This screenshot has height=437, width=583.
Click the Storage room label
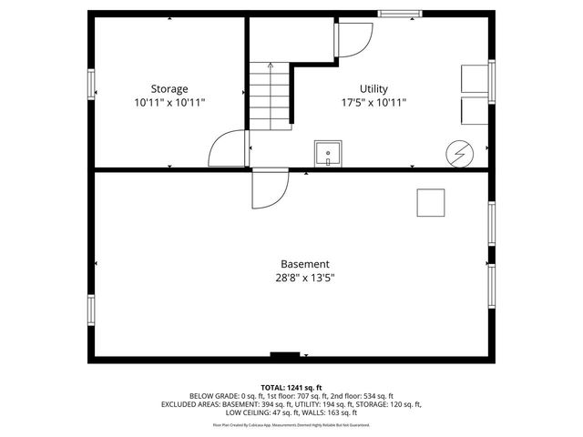click(x=169, y=89)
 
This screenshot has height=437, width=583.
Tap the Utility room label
click(x=373, y=89)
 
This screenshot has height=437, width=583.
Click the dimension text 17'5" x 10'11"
click(x=373, y=103)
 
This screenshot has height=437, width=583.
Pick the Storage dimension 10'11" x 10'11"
click(x=169, y=103)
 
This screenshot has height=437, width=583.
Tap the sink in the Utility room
click(x=328, y=153)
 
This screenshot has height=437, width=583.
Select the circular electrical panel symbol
click(x=459, y=154)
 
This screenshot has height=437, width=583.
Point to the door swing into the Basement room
click(x=269, y=188)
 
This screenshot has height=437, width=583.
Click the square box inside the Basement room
click(x=431, y=202)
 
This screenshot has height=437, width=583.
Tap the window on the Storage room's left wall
click(x=91, y=84)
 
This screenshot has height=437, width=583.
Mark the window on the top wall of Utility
click(x=400, y=14)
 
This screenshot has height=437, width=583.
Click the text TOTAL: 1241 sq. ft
click(x=291, y=388)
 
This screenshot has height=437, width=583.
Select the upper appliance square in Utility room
click(x=475, y=78)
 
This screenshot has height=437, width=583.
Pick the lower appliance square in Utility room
click(x=475, y=110)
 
